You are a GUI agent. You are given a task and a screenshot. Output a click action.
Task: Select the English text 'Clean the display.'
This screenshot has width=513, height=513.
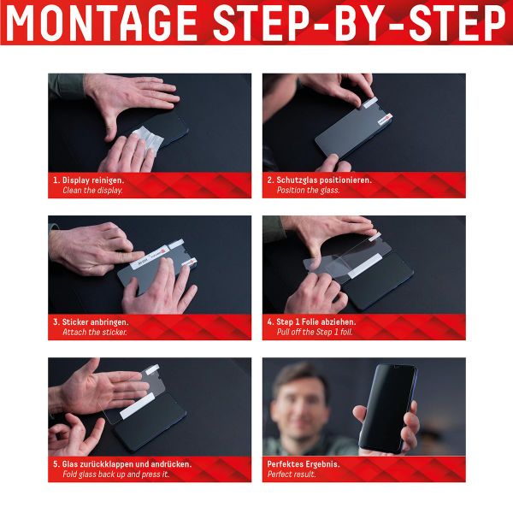[92, 191]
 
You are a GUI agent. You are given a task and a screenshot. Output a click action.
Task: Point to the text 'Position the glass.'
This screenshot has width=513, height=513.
[308, 191]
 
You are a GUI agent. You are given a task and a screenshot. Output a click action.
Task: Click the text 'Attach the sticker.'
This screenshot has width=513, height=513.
[95, 333]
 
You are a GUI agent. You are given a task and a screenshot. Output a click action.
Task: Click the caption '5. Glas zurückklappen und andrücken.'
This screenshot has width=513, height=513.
[121, 464]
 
